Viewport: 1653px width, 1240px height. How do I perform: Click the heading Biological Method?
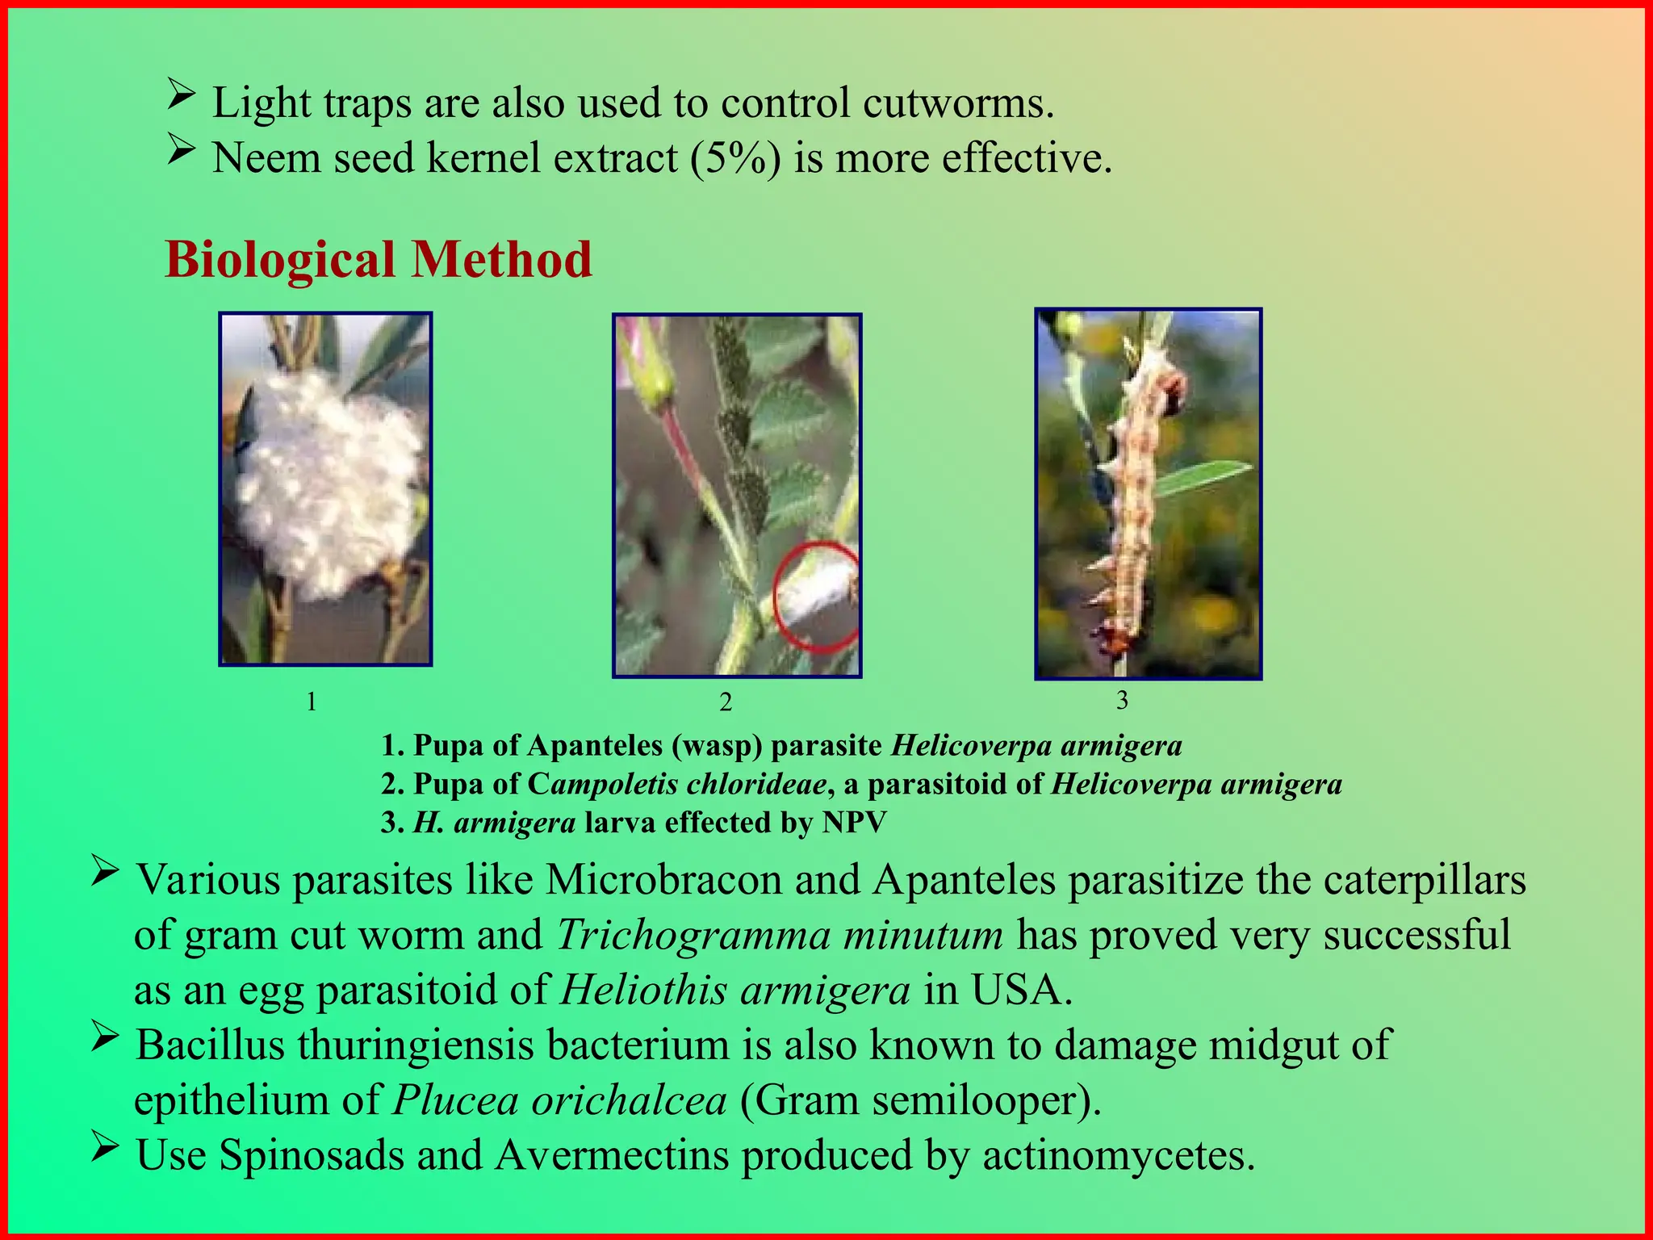(378, 260)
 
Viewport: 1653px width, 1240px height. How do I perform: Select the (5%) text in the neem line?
(735, 157)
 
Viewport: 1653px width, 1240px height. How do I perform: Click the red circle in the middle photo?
(817, 597)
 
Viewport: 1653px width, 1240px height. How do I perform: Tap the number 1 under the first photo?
(312, 702)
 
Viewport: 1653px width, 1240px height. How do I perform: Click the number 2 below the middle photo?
(725, 702)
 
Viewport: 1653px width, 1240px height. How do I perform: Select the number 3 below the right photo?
(1122, 700)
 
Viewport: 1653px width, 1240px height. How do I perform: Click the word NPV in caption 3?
(854, 823)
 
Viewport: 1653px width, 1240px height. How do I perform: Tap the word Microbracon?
(663, 880)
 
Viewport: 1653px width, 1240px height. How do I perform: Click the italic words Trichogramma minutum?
(780, 936)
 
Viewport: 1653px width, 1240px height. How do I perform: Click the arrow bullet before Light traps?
(181, 96)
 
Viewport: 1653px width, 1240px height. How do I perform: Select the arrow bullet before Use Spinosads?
(105, 1147)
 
